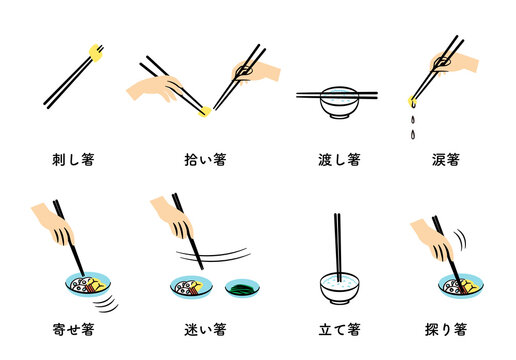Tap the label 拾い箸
tap(206, 158)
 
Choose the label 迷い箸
tap(206, 328)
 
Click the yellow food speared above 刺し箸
tap(96, 51)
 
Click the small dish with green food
tap(242, 289)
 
